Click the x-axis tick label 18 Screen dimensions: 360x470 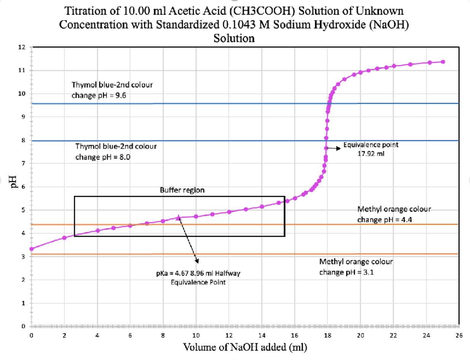[328, 335]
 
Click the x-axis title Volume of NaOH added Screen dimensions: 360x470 [245, 347]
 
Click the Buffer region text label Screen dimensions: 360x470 [182, 190]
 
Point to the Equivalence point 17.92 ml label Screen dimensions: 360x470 [371, 149]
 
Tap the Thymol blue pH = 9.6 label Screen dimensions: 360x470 [112, 90]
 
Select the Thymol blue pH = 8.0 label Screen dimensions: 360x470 [116, 152]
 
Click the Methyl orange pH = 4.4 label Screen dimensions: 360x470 [394, 214]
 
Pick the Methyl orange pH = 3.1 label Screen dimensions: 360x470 [356, 267]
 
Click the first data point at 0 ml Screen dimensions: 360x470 [31, 248]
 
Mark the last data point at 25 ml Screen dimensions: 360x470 [443, 62]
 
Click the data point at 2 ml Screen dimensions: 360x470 [64, 238]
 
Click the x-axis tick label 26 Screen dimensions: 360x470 [459, 335]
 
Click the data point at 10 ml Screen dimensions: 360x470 [196, 216]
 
